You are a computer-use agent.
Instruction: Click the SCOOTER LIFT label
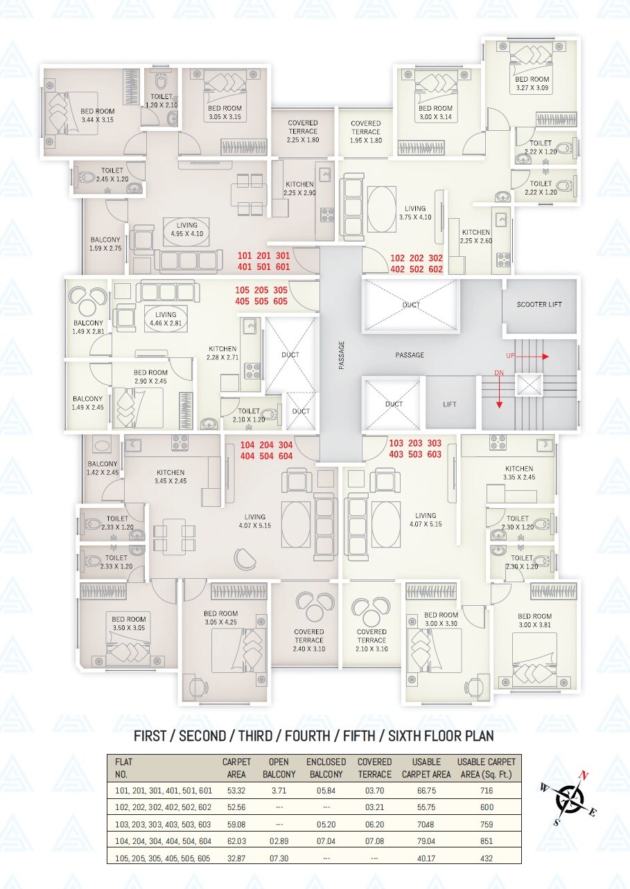tap(539, 305)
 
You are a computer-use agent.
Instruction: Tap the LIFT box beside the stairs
tap(450, 404)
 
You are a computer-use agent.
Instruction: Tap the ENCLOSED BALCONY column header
tap(326, 768)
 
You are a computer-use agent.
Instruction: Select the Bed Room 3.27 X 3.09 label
tap(532, 84)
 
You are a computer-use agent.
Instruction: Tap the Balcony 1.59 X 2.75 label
tap(105, 244)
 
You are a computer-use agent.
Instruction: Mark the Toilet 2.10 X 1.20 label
tap(248, 415)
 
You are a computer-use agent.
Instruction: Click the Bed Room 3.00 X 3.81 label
tap(534, 620)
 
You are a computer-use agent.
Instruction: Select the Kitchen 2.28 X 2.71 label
tap(222, 353)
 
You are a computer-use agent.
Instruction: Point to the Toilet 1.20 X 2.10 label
tap(161, 100)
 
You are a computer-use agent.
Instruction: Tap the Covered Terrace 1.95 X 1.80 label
tap(365, 132)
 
